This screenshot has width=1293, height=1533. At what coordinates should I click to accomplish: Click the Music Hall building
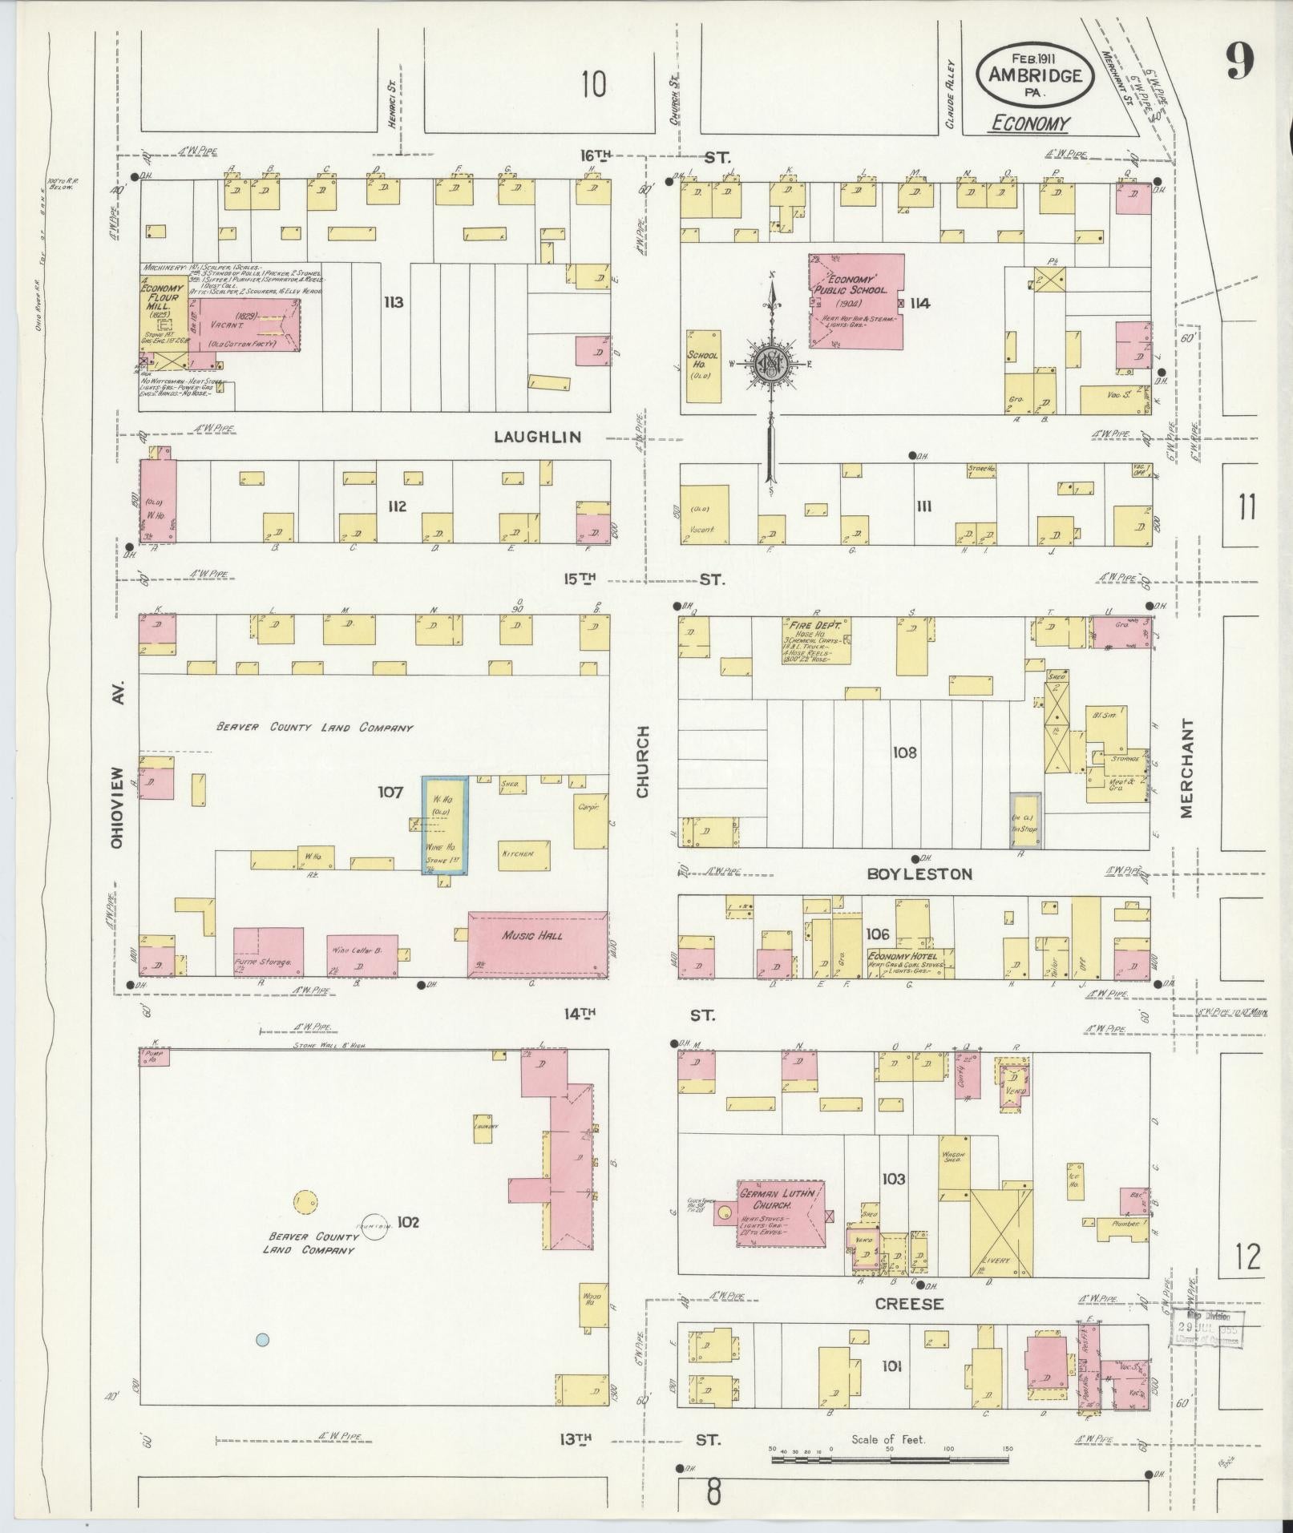point(537,943)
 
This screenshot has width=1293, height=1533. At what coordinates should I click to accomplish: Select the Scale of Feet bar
point(890,1460)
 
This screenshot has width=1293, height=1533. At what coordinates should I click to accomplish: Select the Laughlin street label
point(536,437)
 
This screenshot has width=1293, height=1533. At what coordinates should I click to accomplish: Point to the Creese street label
point(908,1304)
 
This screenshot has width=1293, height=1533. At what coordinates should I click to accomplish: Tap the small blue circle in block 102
point(262,1339)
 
